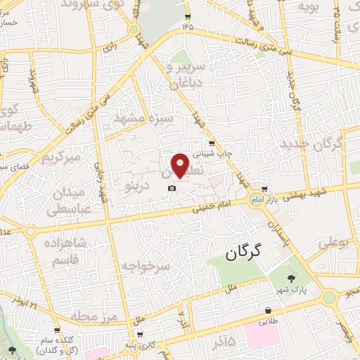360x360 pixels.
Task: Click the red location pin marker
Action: pyautogui.click(x=181, y=165)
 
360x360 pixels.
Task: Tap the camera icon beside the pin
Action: pyautogui.click(x=172, y=188)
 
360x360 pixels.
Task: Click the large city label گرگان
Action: pyautogui.click(x=244, y=254)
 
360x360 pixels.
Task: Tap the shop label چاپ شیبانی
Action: pyautogui.click(x=212, y=150)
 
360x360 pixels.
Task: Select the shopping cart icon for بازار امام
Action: pyautogui.click(x=264, y=188)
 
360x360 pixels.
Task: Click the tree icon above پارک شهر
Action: pyautogui.click(x=292, y=278)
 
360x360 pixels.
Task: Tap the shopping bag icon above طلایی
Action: pyautogui.click(x=269, y=309)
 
